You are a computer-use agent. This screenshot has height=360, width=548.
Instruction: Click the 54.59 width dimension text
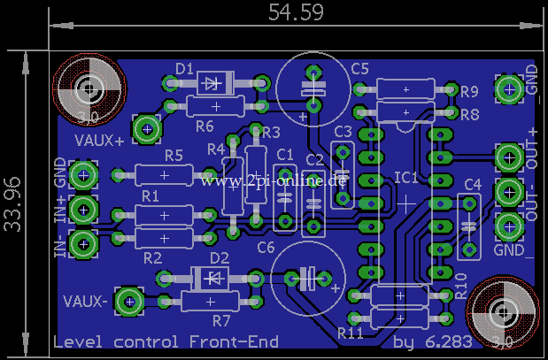(x=296, y=12)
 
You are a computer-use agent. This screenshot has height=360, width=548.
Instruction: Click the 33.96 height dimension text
(x=12, y=204)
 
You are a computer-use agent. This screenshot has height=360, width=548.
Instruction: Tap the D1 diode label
(x=184, y=68)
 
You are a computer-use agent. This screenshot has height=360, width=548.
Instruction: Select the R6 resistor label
(x=205, y=124)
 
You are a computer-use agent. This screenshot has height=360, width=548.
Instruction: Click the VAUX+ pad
(x=145, y=130)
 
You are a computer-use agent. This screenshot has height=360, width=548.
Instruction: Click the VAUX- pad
(x=129, y=303)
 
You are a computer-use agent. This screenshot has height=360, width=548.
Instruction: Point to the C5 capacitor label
(x=359, y=68)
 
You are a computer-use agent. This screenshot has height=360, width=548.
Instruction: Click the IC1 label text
(x=406, y=178)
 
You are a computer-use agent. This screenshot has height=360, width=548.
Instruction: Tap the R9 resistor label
(x=469, y=91)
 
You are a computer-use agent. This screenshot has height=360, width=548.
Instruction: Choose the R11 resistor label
(x=351, y=333)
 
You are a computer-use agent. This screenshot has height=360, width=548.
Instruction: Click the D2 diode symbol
(x=213, y=278)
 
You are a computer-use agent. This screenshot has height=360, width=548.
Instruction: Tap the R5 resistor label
(x=174, y=156)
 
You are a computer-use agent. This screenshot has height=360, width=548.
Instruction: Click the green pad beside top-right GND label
(x=509, y=88)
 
